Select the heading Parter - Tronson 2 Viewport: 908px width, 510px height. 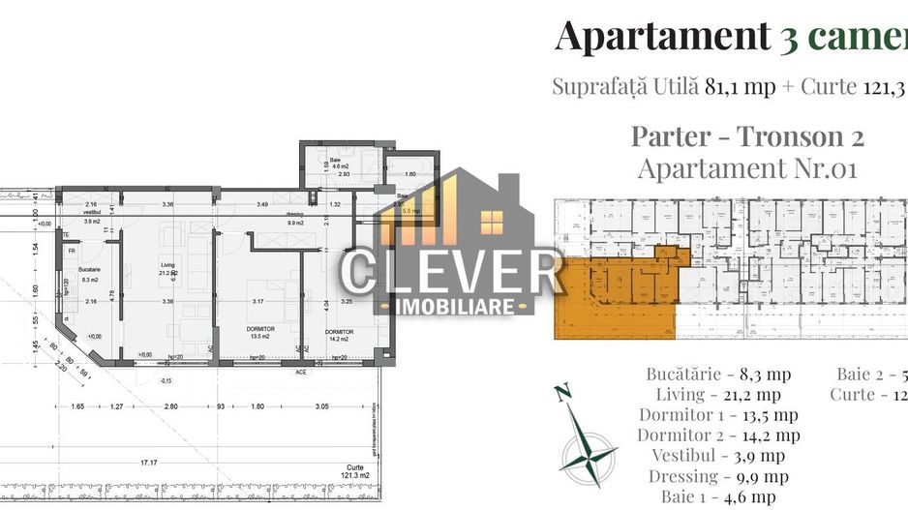point(747,135)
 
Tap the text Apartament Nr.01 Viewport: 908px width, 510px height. point(747,168)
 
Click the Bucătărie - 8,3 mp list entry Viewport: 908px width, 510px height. point(718,374)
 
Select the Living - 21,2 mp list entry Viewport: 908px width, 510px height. point(718,395)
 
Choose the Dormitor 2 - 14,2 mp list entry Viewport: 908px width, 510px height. point(718,435)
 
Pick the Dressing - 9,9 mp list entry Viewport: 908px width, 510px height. point(718,476)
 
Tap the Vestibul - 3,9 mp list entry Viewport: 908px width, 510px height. point(718,456)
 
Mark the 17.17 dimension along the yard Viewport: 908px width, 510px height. point(148,463)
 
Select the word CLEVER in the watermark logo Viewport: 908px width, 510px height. point(451,274)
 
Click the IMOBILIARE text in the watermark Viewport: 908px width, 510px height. point(450,306)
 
